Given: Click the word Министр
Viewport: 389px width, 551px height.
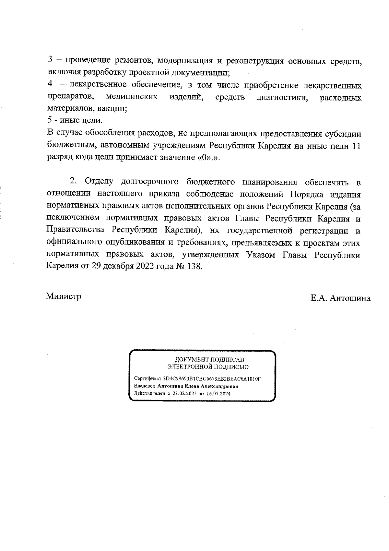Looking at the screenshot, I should click(x=64, y=296).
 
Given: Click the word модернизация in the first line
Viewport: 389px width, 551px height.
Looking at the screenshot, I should click(x=185, y=61).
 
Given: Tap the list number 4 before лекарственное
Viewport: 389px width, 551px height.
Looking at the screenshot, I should click(x=50, y=85).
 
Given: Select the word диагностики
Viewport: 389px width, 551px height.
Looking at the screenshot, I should click(x=282, y=97).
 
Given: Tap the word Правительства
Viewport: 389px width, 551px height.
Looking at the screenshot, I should click(x=76, y=230).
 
